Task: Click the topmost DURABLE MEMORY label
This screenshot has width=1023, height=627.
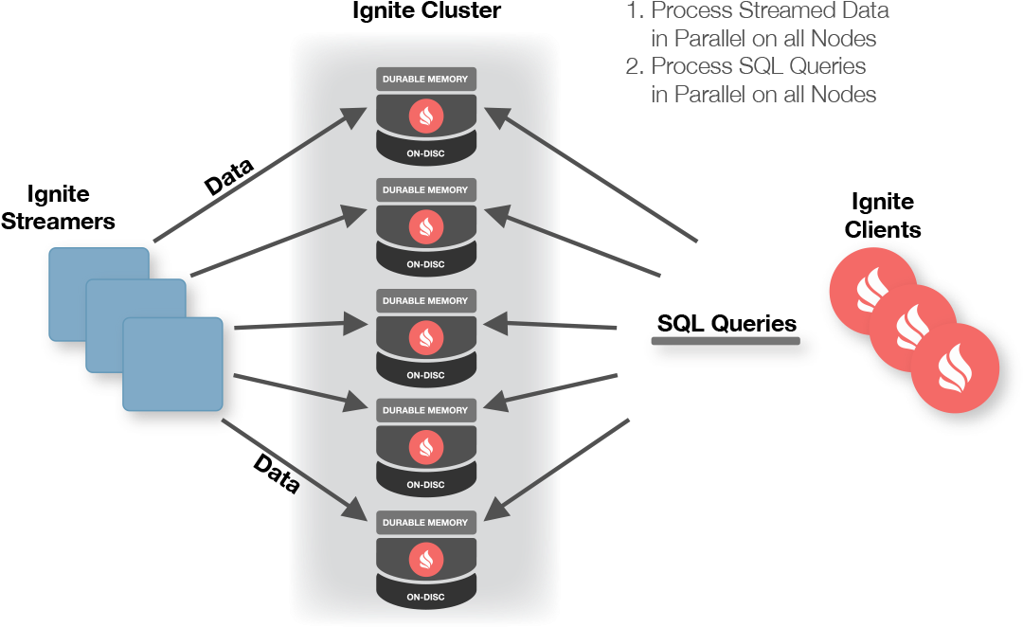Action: pos(425,80)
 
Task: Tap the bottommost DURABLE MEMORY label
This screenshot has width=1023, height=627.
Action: pos(425,523)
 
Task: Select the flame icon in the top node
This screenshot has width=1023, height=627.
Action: pos(425,117)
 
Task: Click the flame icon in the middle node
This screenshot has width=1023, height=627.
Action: pos(425,338)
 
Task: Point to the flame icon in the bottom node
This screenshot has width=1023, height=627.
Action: pos(425,560)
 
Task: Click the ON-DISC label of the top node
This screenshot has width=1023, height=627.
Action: pos(425,154)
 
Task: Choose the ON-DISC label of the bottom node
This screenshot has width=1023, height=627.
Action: pos(425,598)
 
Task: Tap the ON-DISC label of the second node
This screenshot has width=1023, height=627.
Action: pos(425,265)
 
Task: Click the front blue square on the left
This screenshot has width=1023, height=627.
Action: pos(173,364)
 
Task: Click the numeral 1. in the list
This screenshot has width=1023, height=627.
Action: pos(634,11)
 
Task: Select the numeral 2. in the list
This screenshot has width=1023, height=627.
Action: pos(634,66)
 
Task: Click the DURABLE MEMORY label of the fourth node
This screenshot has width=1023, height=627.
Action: pos(425,411)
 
